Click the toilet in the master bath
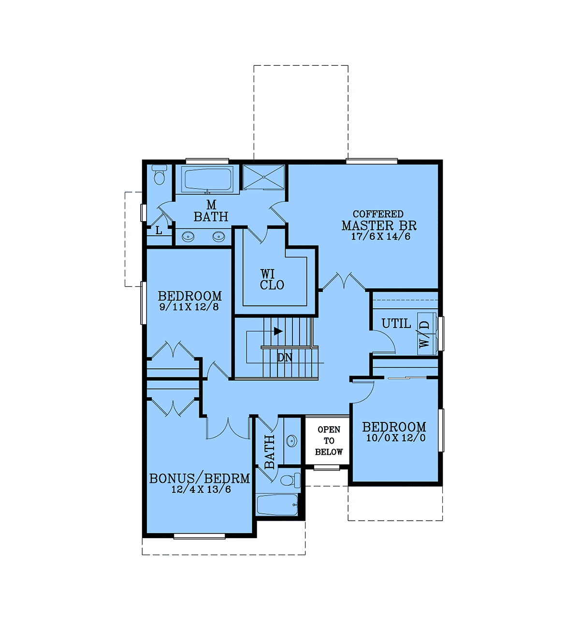pyautogui.click(x=159, y=175)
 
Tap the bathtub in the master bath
pyautogui.click(x=208, y=179)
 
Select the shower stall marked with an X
pyautogui.click(x=264, y=177)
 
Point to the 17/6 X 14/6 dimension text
pyautogui.click(x=380, y=237)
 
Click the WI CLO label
pyautogui.click(x=272, y=280)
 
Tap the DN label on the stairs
pyautogui.click(x=285, y=357)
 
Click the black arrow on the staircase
pyautogui.click(x=278, y=331)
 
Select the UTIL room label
pyautogui.click(x=396, y=324)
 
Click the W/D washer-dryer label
pyautogui.click(x=424, y=334)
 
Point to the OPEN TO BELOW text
pyautogui.click(x=329, y=441)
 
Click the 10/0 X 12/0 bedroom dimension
pyautogui.click(x=396, y=438)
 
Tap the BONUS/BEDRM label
pyautogui.click(x=200, y=479)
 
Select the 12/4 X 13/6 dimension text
pyautogui.click(x=201, y=490)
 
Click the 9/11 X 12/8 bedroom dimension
pyautogui.click(x=189, y=307)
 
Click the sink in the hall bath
pyautogui.click(x=291, y=441)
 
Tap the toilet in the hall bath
pyautogui.click(x=290, y=480)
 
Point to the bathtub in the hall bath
pyautogui.click(x=277, y=504)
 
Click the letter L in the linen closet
pyautogui.click(x=159, y=230)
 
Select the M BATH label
pyautogui.click(x=211, y=211)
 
